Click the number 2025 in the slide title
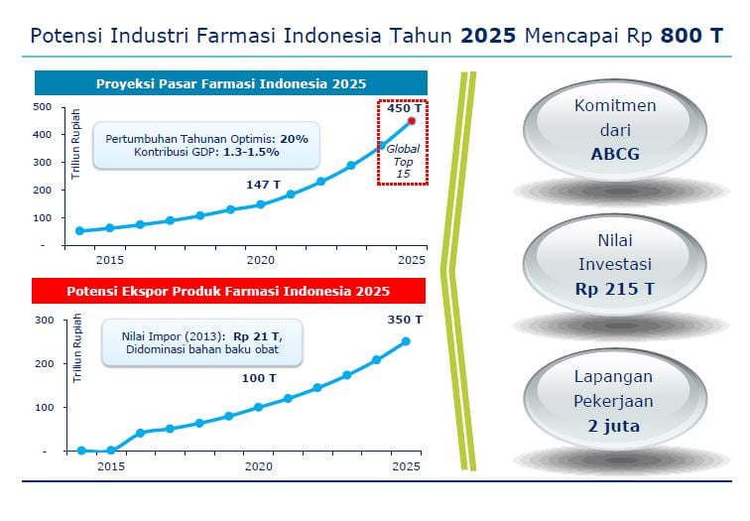pyautogui.click(x=488, y=36)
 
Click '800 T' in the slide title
pyautogui.click(x=691, y=36)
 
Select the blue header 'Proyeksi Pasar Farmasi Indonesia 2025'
pyautogui.click(x=231, y=83)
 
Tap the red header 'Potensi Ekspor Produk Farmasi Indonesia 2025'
pyautogui.click(x=228, y=291)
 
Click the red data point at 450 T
pyautogui.click(x=412, y=121)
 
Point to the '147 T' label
pyautogui.click(x=263, y=185)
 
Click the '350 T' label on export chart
pyautogui.click(x=405, y=320)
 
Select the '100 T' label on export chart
pyautogui.click(x=259, y=378)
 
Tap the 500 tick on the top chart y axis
pyautogui.click(x=42, y=107)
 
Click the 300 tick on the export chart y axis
pyautogui.click(x=45, y=321)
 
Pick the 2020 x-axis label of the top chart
pyautogui.click(x=261, y=260)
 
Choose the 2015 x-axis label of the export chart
pyautogui.click(x=111, y=466)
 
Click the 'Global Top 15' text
pyautogui.click(x=403, y=161)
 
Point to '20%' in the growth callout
pyautogui.click(x=295, y=139)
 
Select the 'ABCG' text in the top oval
pyautogui.click(x=615, y=154)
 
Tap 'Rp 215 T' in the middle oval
pyautogui.click(x=615, y=289)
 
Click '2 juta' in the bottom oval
pyautogui.click(x=614, y=426)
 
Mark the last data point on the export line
pyautogui.click(x=406, y=341)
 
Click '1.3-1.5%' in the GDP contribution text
pyautogui.click(x=251, y=152)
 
